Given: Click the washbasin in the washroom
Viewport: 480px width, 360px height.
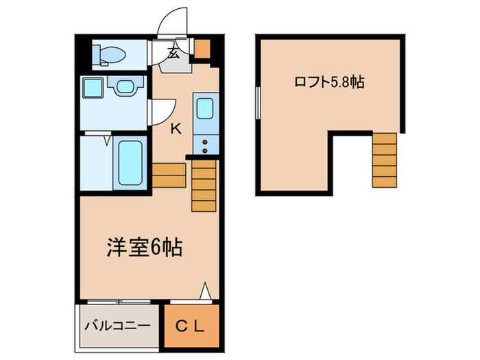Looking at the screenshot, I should pos(125,88).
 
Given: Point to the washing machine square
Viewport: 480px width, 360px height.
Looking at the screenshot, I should pos(91,87).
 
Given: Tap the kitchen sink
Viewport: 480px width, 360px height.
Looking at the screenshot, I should pos(205,110).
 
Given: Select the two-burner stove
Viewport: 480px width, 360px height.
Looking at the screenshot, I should pos(204,144).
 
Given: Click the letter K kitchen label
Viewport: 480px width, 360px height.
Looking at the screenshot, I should pos(176,128).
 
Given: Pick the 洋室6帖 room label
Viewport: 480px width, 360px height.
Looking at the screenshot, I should pos(143,248).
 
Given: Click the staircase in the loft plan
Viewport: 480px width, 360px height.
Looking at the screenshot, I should pos(384,159).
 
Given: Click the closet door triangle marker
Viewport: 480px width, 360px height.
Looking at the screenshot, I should pos(204,291).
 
